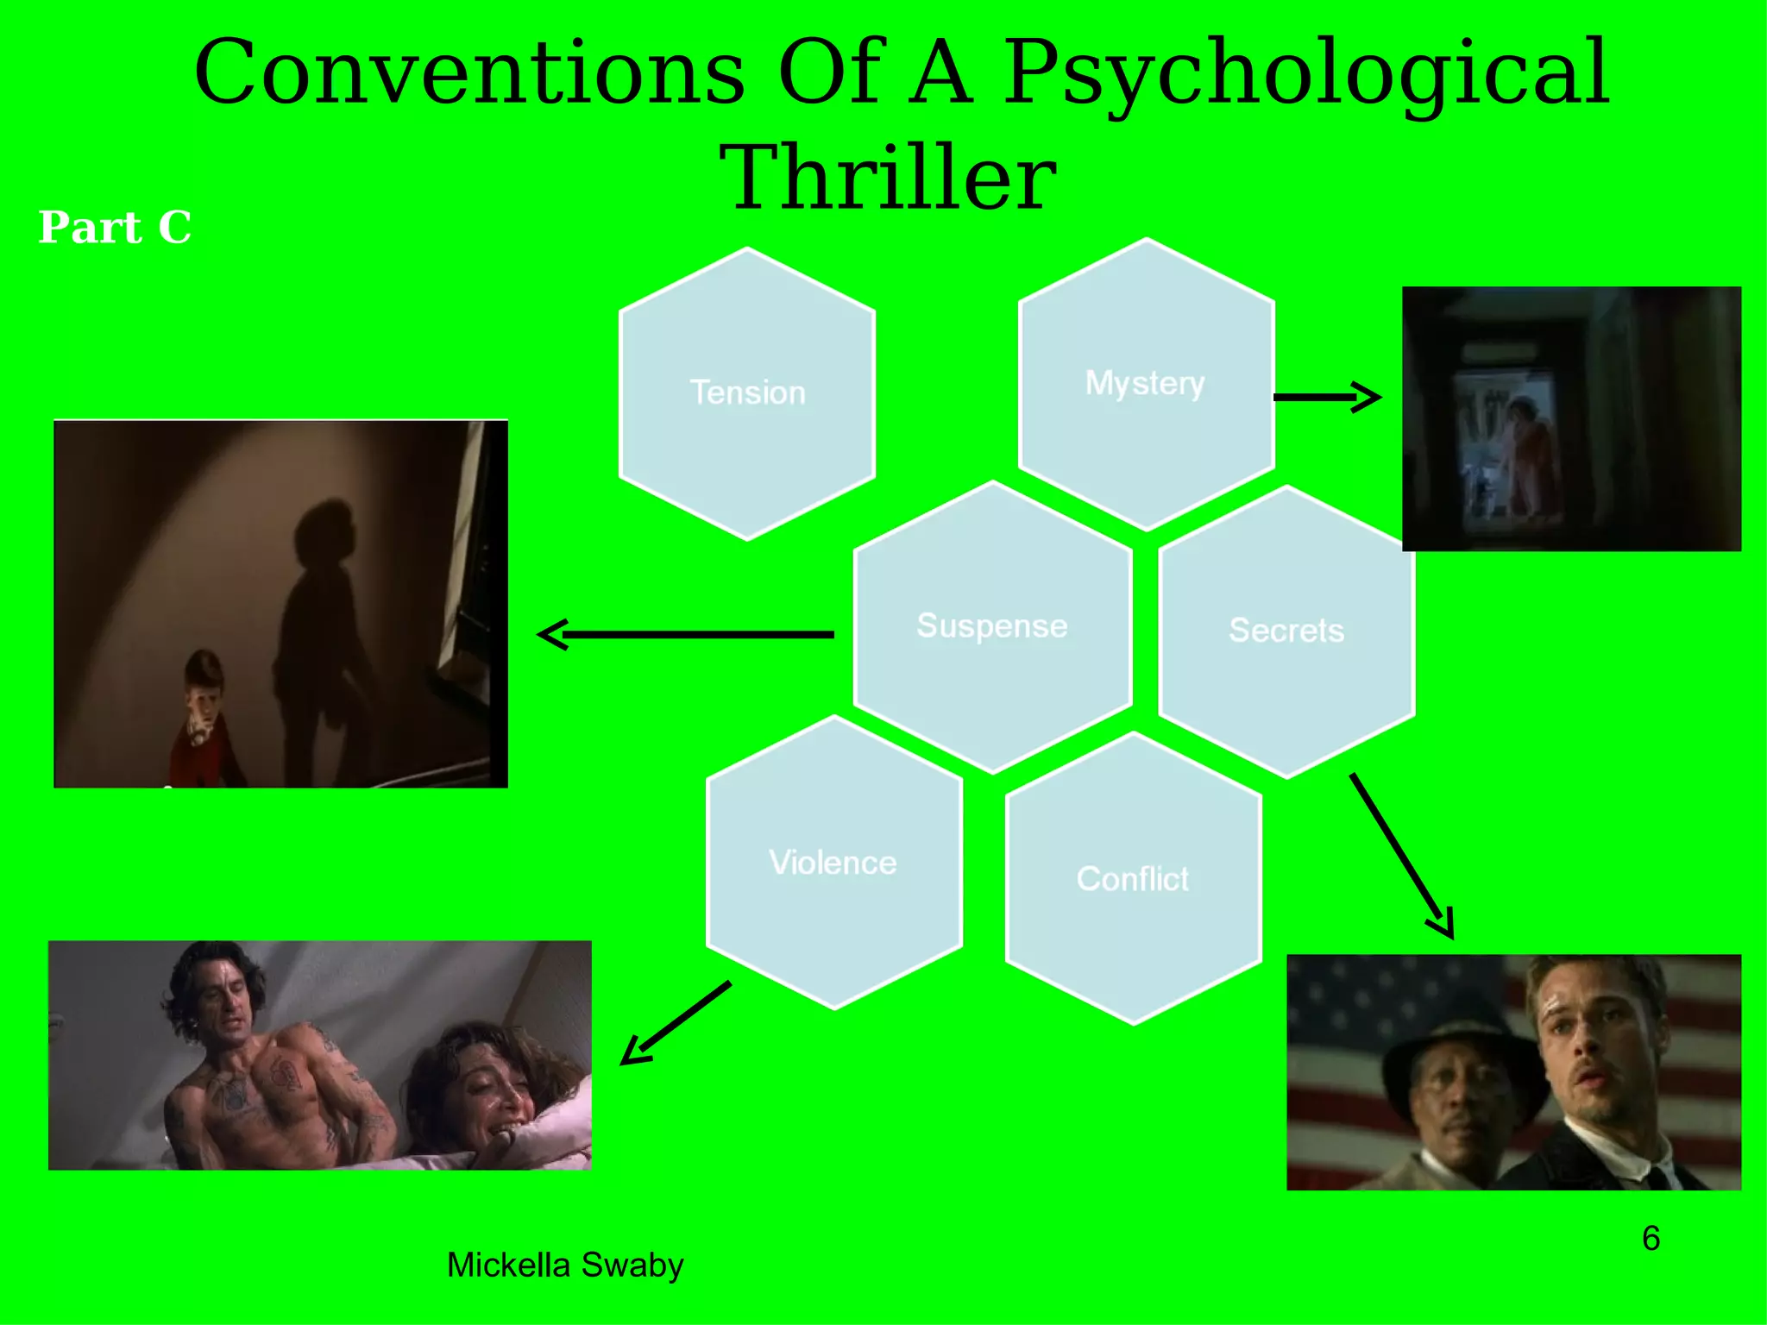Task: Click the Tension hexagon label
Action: coord(747,392)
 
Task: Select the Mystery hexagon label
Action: coord(1145,382)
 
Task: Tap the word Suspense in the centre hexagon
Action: coord(991,625)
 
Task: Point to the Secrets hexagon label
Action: coord(1286,631)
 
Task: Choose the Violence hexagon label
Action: coord(833,863)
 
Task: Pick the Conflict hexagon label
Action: coord(1132,879)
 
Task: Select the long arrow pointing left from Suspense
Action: coord(685,635)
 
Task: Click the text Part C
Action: coord(115,228)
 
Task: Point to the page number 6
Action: coord(1651,1239)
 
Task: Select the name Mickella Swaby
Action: coord(565,1265)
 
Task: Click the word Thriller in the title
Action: coord(888,178)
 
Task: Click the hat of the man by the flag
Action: coord(1458,1045)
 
